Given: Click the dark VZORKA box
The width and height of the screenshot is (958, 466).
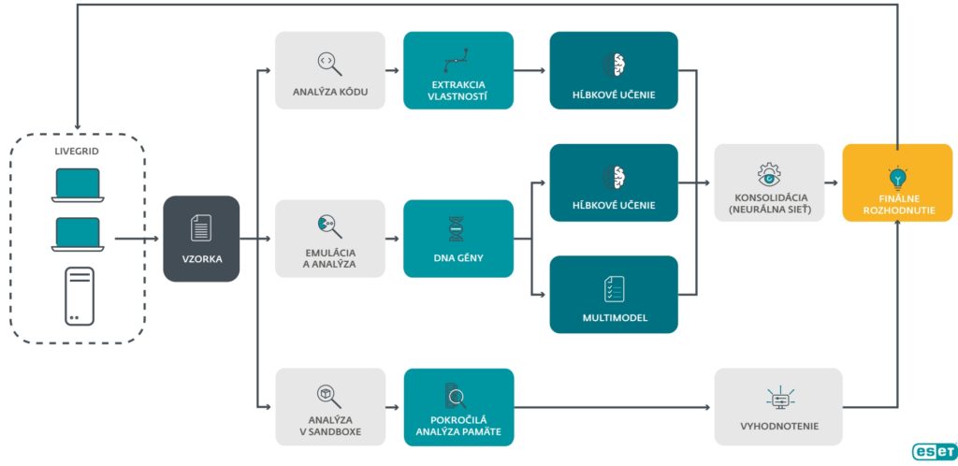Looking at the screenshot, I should coord(201,239).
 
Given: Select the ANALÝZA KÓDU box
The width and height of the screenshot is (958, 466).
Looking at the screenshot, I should coord(329,70).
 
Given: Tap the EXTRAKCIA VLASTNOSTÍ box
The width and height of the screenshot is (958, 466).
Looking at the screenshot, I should coord(458,70).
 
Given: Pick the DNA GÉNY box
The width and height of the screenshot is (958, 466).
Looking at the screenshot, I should coord(458,239).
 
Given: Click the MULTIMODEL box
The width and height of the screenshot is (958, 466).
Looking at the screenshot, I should coord(614,295).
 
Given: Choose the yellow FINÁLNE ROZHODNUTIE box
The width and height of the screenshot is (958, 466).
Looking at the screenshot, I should coord(897,182).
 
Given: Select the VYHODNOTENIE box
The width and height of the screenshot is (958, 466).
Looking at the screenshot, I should coord(777,406).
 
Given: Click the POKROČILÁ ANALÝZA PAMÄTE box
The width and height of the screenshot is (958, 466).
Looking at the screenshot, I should coord(458,406).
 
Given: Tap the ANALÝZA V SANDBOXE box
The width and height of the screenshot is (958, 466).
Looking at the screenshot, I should coord(329,406).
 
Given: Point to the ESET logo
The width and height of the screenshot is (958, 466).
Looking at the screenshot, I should coord(933,451).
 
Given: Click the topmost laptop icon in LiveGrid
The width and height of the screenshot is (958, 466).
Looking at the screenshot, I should coord(79,185).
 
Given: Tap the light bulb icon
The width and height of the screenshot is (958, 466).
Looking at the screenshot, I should coord(897,175).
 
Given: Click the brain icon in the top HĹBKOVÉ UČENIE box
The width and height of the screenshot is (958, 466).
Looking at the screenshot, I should coord(614,63).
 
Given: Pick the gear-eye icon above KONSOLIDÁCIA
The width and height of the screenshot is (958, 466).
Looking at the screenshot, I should coord(769,173).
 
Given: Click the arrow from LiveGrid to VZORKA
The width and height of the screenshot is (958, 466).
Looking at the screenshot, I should coord(137,239).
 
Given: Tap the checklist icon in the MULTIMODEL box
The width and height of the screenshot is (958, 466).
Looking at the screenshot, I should coord(614,288).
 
